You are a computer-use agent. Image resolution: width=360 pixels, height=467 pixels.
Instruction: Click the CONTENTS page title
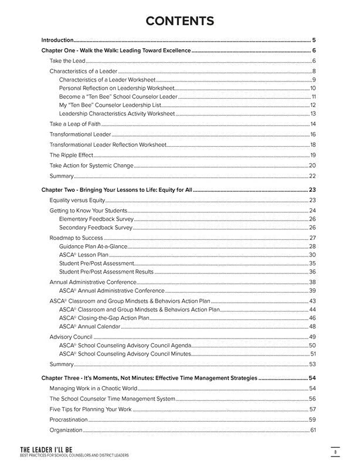coord(179,22)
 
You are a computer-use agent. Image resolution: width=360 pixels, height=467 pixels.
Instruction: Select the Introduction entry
coord(57,40)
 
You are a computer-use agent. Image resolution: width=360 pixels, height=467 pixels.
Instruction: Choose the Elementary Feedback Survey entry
coord(96,218)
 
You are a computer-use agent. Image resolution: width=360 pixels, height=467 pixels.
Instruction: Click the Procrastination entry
coord(69,419)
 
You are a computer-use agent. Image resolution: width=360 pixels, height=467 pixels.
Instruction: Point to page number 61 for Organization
coord(313,431)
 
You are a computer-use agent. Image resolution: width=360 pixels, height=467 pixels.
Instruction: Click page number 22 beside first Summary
coord(313,176)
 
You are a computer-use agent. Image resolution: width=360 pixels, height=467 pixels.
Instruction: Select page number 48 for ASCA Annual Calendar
coord(313,326)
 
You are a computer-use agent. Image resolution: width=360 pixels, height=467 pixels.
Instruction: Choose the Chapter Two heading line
coord(117,190)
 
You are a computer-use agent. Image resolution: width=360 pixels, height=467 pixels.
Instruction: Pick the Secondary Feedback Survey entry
coord(96,227)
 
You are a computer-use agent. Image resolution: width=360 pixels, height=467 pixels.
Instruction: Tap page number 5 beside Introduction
coord(314,40)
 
